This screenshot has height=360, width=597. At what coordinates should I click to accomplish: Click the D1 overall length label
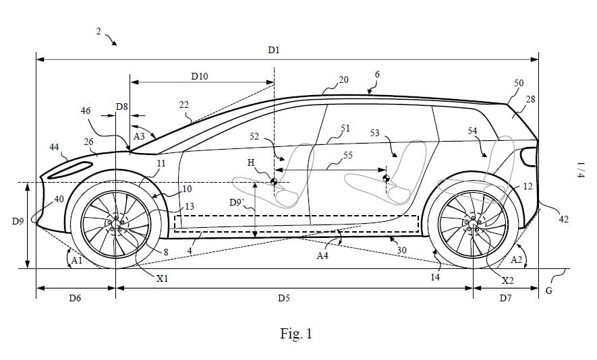pos(273,50)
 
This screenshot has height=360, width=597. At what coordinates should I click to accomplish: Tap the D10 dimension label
pos(199,77)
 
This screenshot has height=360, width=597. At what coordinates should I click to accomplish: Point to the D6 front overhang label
pos(75,297)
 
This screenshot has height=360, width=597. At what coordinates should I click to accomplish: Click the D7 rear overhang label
pos(505,297)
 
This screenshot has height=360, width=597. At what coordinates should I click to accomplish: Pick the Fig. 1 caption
pos(296,333)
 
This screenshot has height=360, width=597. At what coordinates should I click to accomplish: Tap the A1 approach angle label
pos(77,260)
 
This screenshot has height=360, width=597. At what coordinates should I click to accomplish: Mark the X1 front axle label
pos(162,278)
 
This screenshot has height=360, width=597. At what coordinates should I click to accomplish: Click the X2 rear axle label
pos(507,278)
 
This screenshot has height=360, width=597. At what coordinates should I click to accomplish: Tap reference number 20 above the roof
pos(343,80)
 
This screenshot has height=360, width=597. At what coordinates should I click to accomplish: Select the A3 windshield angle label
pos(138,136)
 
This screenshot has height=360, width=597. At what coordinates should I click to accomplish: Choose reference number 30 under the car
pos(402,249)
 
